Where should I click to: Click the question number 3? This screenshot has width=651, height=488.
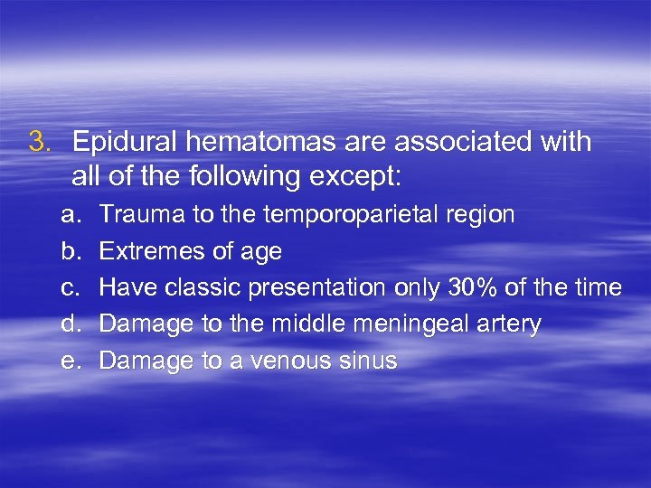click(x=37, y=142)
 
